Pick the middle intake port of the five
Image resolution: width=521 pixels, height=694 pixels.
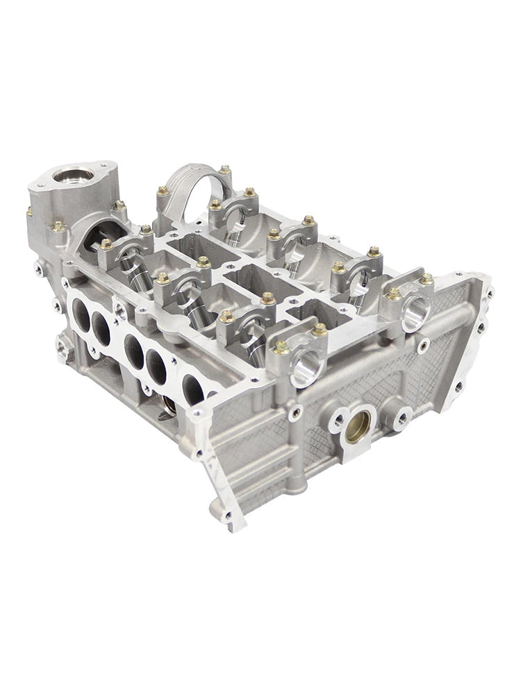(x=133, y=350)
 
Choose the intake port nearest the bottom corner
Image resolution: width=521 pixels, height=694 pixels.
(x=193, y=388)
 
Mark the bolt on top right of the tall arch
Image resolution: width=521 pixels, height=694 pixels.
(x=224, y=170)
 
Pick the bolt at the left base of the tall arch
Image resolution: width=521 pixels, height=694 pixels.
(x=162, y=190)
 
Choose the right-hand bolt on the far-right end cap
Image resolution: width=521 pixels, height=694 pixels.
(x=427, y=278)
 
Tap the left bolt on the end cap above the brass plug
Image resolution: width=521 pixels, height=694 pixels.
(x=281, y=348)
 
